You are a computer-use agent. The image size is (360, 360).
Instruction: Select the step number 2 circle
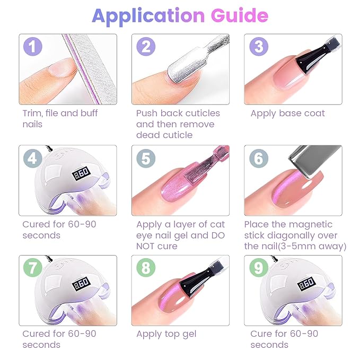[x=146, y=47]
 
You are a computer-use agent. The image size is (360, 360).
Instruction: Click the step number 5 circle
[x=146, y=158]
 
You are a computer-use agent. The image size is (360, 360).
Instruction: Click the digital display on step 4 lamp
[x=81, y=173]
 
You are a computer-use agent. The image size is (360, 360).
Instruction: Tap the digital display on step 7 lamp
[x=81, y=283]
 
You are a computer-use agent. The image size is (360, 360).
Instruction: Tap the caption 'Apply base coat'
[x=287, y=113]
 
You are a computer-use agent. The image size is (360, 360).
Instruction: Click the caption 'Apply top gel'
[x=166, y=334]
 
